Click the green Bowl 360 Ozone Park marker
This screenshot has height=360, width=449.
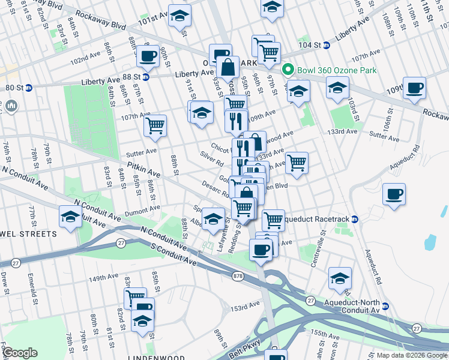point(288,70)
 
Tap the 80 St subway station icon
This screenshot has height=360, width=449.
point(28,88)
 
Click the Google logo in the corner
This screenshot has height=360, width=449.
point(20,352)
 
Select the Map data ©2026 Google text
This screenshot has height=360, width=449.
point(412,355)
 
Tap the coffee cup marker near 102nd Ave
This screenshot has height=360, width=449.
point(148,56)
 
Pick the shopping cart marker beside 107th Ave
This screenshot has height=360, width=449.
point(155,125)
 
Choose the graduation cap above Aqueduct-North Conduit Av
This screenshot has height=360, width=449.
point(340,278)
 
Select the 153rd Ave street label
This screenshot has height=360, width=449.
point(247,307)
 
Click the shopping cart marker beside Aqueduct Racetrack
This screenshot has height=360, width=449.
point(273,220)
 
